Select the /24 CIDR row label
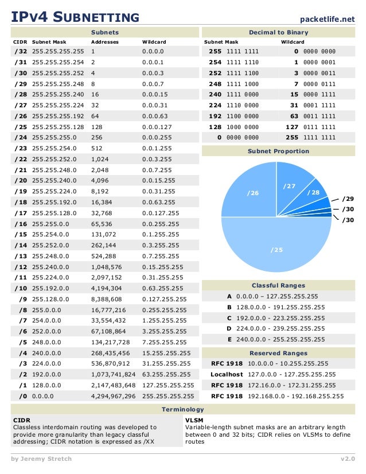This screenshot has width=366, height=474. [20, 138]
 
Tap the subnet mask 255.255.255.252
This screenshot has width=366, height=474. [58, 73]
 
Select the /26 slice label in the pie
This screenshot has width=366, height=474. [252, 193]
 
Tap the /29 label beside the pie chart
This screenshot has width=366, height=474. [348, 199]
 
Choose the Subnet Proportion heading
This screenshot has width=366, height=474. [278, 151]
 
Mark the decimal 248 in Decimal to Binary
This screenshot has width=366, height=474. [215, 84]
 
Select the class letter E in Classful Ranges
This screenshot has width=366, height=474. [229, 339]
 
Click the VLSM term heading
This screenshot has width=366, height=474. [193, 420]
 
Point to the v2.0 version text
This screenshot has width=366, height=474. [348, 459]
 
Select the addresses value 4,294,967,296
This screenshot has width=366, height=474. [114, 396]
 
